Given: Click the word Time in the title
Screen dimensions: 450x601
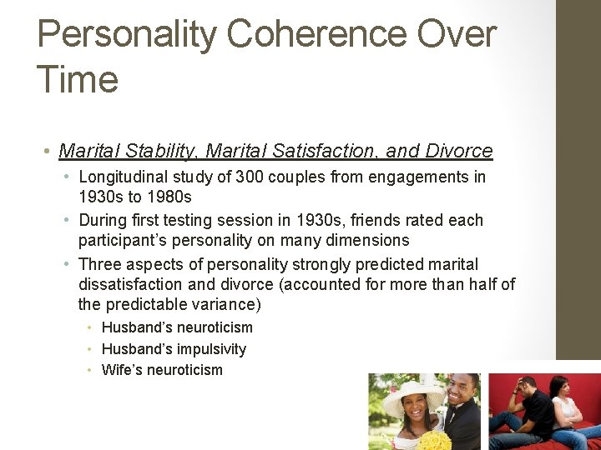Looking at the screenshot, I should pyautogui.click(x=78, y=80).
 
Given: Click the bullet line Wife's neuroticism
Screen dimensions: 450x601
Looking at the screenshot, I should pyautogui.click(x=162, y=370).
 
